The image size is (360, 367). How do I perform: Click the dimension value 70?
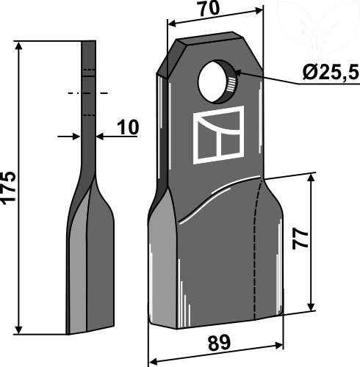(209, 9)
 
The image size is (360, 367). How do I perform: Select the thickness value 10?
(128, 127)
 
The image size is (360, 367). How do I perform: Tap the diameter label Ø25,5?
(331, 73)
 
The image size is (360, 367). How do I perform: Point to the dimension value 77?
(300, 239)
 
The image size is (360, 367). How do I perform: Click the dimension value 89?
(219, 343)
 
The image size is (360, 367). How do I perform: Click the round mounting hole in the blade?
(217, 82)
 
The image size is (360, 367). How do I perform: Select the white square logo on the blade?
(218, 135)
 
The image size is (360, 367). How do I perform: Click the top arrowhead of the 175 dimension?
(18, 46)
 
